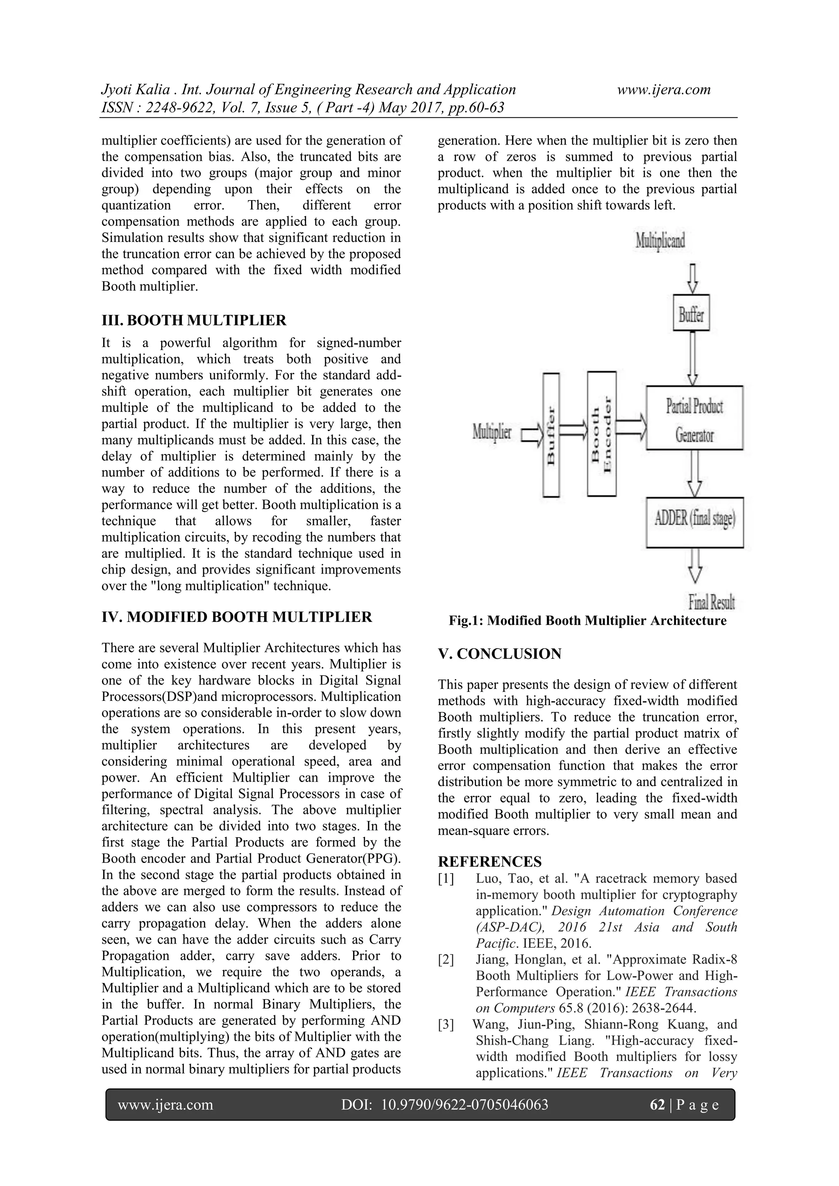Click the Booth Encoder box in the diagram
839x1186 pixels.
point(601,434)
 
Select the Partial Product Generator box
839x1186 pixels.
point(694,418)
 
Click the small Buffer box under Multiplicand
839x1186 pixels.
point(691,312)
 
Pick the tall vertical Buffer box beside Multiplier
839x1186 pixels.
point(551,434)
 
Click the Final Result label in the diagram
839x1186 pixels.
point(711,602)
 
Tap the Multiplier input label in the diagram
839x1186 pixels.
point(492,432)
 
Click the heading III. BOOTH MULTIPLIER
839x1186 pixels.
point(193,320)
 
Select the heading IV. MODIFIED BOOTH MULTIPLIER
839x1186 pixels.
point(236,617)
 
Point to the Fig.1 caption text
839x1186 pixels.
point(587,620)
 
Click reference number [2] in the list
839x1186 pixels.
point(446,960)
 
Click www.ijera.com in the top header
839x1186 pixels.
point(664,89)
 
